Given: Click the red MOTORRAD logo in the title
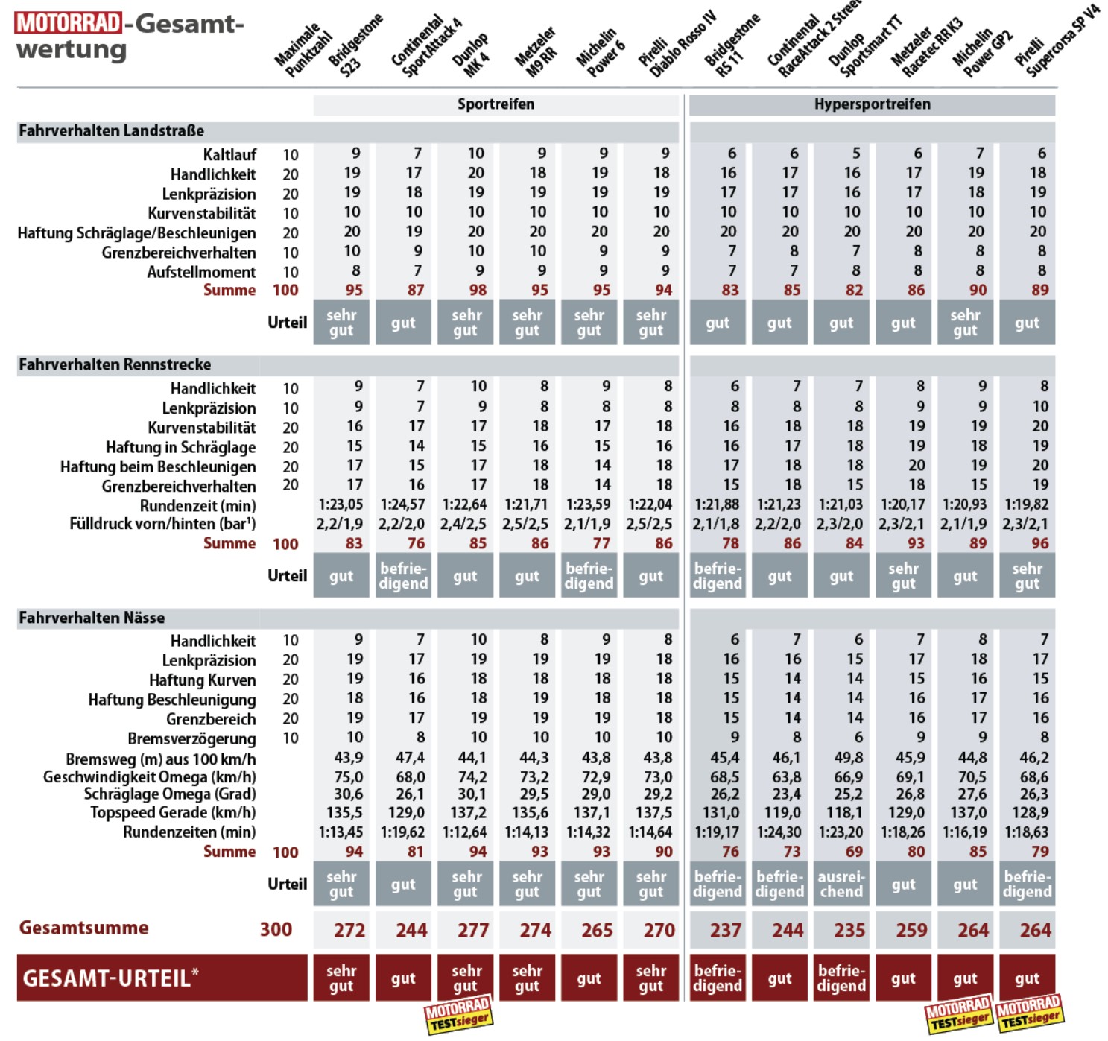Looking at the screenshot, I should pos(68,23).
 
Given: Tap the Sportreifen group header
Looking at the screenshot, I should pos(496,104).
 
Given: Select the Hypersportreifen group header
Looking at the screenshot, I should pos(872,104).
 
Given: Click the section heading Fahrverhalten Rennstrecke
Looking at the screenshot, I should pos(115,364).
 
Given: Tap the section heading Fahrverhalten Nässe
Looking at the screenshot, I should pos(92,618).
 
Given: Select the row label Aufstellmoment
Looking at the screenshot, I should pos(201,272).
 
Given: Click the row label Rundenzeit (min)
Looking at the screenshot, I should pos(197,506).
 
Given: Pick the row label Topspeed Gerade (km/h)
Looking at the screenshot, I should pos(173,813).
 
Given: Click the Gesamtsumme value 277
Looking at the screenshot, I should pos(472,930).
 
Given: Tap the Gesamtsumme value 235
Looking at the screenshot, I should pos(849,930).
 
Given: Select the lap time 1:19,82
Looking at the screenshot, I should pos(1026,504).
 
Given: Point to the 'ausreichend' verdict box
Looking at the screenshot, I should pos(841,884).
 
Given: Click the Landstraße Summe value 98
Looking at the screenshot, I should pos(478,290).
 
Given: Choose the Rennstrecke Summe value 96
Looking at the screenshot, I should pos(1039,543).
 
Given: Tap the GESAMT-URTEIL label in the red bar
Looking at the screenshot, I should pos(110,978).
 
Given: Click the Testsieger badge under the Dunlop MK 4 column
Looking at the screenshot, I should pos(458,1015).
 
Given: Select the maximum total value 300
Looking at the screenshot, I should pos(276,930).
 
